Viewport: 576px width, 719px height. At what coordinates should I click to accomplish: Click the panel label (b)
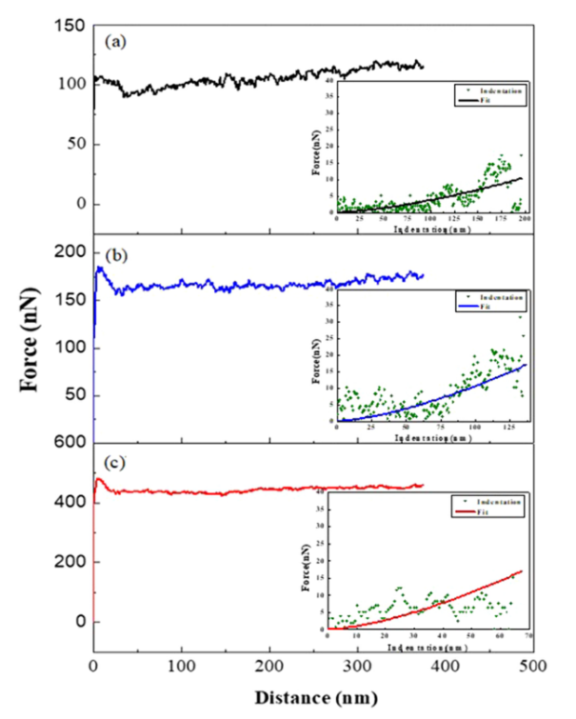113,255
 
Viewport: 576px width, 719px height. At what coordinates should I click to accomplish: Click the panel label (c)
113,464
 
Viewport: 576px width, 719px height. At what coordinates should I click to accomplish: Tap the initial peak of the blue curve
100,268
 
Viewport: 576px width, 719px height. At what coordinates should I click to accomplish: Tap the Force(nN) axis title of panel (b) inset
316,362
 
